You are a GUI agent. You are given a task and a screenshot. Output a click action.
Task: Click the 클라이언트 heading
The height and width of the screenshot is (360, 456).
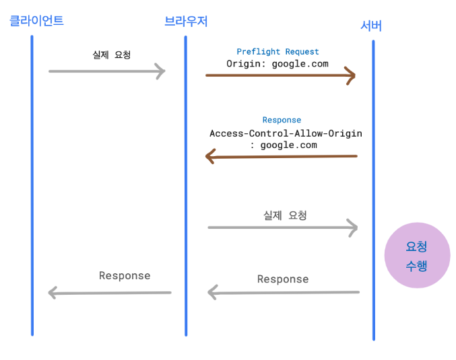36,21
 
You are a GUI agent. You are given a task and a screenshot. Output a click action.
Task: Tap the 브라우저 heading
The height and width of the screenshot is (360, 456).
186,22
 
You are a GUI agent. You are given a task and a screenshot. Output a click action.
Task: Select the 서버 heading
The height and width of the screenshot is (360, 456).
371,26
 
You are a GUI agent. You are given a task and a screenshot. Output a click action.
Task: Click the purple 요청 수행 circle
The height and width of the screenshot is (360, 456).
418,256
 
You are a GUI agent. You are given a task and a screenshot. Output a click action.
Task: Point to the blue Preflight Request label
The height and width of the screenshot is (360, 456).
278,52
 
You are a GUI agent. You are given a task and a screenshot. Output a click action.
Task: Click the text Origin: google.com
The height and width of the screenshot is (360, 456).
278,64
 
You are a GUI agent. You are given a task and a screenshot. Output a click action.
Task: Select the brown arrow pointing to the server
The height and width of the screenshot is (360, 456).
280,75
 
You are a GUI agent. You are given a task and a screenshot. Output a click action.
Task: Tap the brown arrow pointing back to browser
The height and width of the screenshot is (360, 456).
282,157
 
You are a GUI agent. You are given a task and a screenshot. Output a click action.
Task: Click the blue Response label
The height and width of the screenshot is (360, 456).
282,120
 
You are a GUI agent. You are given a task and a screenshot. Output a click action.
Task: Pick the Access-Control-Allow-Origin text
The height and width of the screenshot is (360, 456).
286,133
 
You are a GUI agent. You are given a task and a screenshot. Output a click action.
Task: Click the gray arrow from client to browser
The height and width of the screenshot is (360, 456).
107,71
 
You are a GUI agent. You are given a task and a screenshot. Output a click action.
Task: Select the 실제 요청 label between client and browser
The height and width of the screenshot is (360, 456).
112,55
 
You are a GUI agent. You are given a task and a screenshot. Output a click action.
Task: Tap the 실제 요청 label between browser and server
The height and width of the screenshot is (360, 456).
285,215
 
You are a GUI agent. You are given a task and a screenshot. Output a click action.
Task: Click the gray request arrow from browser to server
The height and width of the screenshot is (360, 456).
283,227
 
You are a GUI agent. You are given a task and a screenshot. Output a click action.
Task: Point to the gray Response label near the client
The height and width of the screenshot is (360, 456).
125,276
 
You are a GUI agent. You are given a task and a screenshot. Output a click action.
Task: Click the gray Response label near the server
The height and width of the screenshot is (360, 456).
283,279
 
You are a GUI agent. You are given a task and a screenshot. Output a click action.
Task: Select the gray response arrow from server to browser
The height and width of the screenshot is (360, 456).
284,292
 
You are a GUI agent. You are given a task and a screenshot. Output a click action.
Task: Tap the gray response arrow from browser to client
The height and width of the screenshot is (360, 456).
110,293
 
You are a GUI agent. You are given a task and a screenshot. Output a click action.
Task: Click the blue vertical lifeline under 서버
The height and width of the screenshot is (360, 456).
373,190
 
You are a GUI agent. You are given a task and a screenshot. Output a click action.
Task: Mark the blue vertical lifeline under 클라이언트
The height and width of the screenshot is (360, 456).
32,186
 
